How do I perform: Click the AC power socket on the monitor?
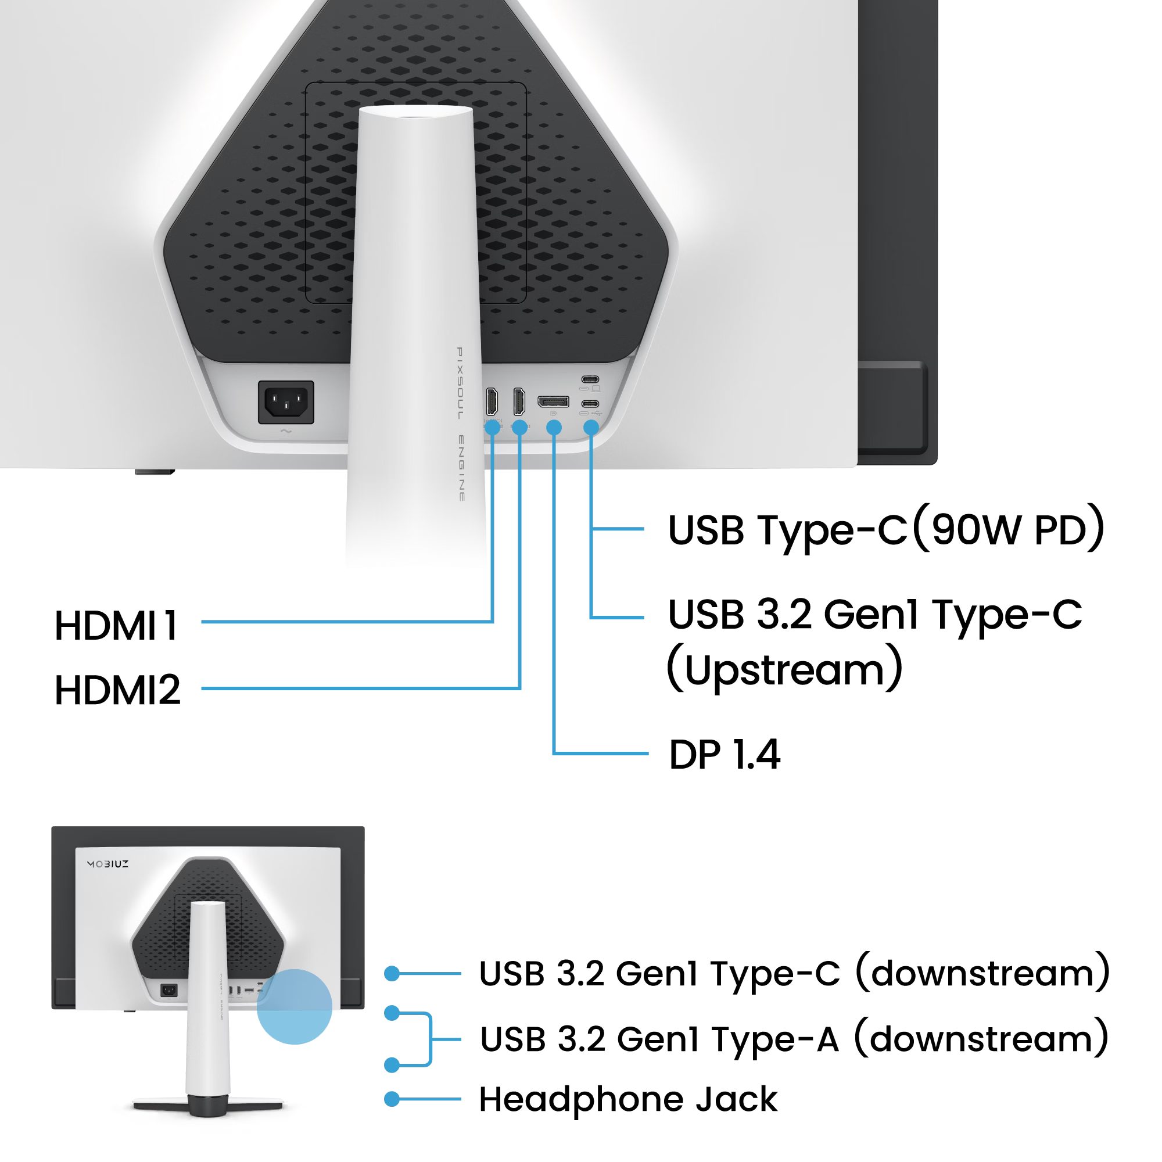coord(286,402)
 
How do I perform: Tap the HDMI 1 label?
coord(117,626)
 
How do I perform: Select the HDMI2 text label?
coord(118,690)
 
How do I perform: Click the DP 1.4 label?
coord(724,754)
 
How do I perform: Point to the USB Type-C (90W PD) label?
coord(885,529)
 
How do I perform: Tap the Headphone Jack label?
coord(628,1099)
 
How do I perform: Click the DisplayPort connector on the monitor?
coord(553,401)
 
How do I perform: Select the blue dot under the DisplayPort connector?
coord(553,428)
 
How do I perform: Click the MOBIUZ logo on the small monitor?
coord(108,864)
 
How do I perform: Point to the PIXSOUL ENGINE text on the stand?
coord(460,424)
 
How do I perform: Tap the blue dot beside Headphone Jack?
coord(392,1099)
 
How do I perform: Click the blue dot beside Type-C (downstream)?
coord(392,974)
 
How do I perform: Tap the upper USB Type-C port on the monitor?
coord(590,379)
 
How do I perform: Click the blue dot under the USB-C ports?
coord(591,428)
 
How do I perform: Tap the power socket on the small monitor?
coord(169,991)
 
